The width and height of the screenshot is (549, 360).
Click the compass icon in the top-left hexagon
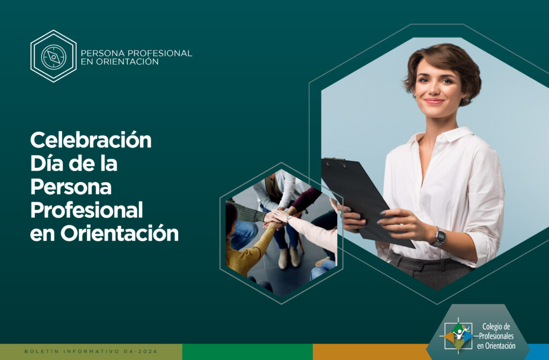coord(54,56)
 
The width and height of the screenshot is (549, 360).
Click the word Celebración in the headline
coord(91,140)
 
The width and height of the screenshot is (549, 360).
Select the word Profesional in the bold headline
coord(86,209)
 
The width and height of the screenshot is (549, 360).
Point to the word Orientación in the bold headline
coord(120,233)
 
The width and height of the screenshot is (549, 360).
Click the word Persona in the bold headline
coord(71,186)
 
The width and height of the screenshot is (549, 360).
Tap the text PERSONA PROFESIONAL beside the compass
coord(136,53)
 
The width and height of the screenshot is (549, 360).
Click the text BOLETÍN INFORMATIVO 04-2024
coord(91,351)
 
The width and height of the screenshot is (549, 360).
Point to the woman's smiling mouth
coord(434,101)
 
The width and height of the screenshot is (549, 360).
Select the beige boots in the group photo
coord(289,258)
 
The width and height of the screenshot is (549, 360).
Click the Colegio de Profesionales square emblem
coord(458,336)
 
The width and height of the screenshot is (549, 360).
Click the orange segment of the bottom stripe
coord(370,352)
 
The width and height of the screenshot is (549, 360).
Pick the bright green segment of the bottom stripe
coord(248,352)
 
